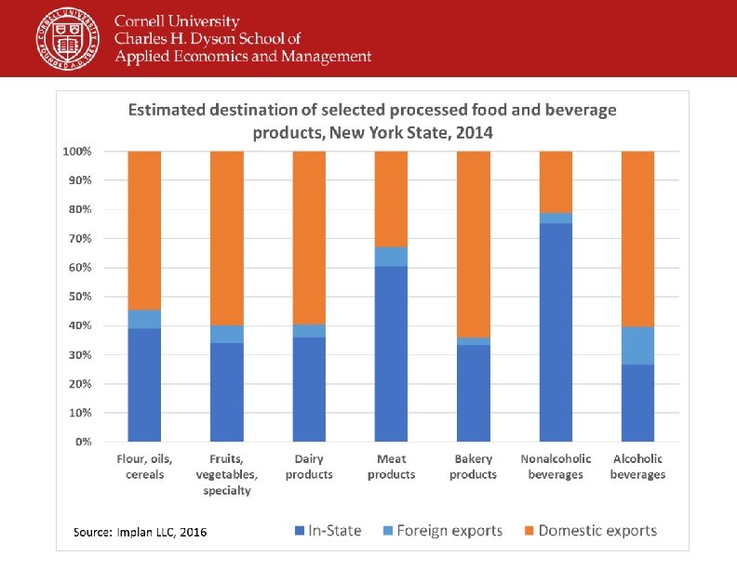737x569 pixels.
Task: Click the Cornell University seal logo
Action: (x=68, y=38)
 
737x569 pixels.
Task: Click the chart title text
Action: (x=371, y=121)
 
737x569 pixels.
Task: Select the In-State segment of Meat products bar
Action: (x=391, y=353)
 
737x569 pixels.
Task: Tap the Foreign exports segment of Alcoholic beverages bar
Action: (x=637, y=345)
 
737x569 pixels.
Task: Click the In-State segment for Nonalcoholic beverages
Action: (x=556, y=332)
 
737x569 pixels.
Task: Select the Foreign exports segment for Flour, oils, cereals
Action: (x=144, y=319)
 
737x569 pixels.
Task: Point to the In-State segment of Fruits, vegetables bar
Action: (x=226, y=391)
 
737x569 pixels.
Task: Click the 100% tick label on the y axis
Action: (x=76, y=151)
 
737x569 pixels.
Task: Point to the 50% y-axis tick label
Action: (x=78, y=297)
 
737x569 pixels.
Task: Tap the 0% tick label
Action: (x=82, y=442)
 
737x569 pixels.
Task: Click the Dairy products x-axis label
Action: (x=309, y=467)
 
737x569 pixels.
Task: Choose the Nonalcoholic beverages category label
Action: (x=556, y=467)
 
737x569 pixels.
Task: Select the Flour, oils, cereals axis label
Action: (x=144, y=467)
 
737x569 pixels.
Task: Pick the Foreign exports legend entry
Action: (x=442, y=531)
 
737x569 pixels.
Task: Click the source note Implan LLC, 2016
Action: (x=141, y=532)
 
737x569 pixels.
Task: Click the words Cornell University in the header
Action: (x=177, y=21)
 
